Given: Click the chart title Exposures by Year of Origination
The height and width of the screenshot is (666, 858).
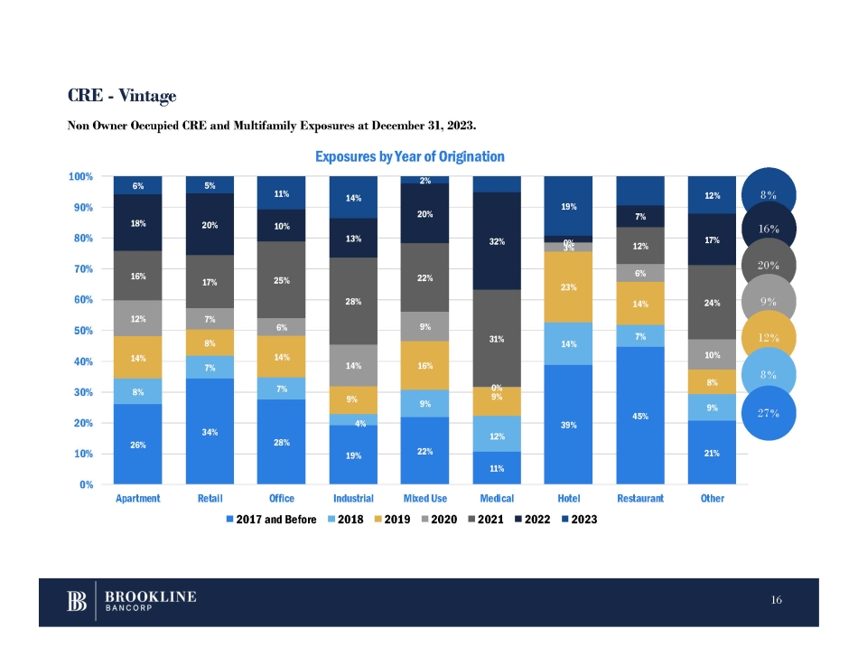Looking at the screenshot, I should coord(409,157).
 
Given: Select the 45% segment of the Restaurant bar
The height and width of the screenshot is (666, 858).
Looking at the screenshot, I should coord(640,416).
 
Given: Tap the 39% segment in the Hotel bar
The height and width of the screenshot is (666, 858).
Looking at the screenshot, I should coord(568,425).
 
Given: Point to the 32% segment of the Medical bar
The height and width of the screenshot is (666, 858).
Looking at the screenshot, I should coord(496,241).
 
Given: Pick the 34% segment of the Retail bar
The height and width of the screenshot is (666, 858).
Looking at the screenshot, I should coord(209,431).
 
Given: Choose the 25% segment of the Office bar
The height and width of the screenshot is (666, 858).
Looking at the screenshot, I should coord(281,280).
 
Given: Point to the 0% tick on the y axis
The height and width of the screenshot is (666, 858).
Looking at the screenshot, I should coord(87,484).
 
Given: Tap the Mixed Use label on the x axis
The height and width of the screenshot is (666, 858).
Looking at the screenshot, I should coord(424,499).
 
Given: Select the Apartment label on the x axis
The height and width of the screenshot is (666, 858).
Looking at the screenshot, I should coord(136,499).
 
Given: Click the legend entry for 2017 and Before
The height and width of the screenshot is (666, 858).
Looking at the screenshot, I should coord(271,520).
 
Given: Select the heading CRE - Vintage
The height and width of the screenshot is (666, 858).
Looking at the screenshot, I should coord(122,95).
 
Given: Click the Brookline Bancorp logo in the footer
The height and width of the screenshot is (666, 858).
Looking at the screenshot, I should coord(133,602).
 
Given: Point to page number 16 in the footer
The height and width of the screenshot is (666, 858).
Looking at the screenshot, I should coord(777,600).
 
